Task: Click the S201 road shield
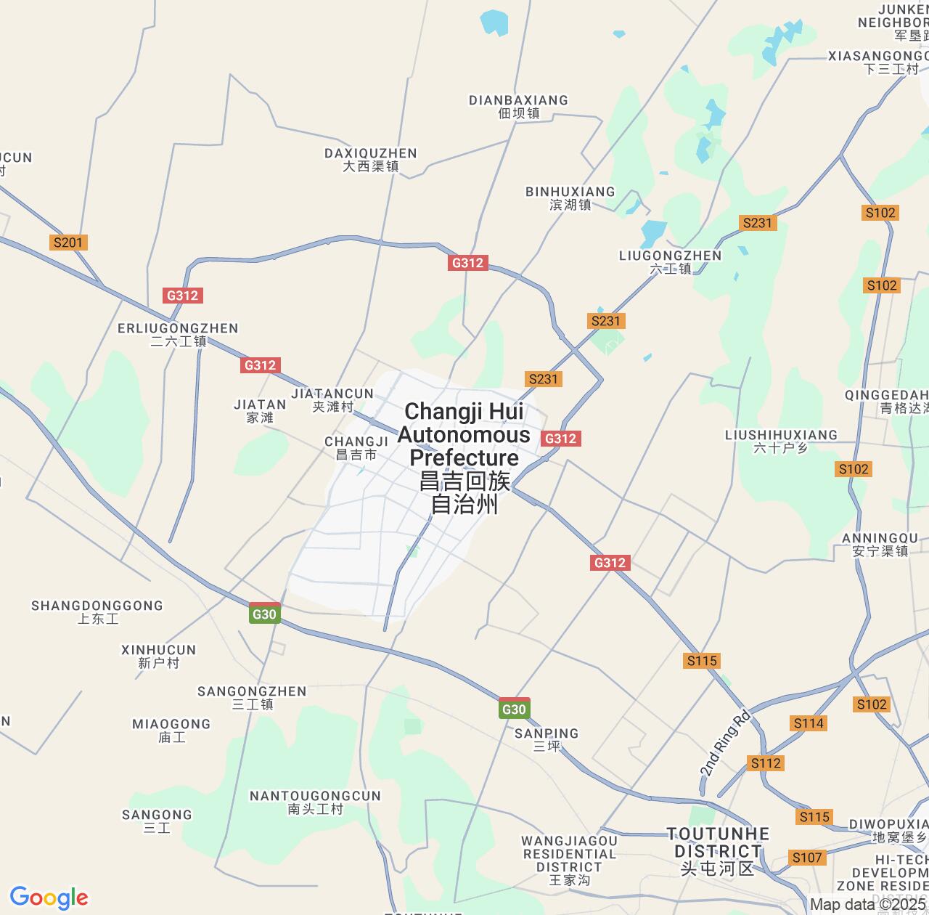[x=68, y=243]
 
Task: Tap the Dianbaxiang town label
[x=518, y=106]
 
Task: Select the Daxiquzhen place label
[x=371, y=159]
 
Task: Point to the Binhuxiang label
[x=570, y=198]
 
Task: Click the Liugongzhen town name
[x=671, y=261]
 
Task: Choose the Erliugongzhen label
[x=178, y=334]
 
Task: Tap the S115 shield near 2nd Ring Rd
[x=702, y=660]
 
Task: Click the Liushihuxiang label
[x=781, y=441]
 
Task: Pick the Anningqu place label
[x=880, y=544]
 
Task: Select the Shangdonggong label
[x=97, y=611]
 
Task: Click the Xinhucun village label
[x=158, y=656]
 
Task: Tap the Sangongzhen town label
[x=252, y=697]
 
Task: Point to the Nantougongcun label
[x=315, y=802]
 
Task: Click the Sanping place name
[x=547, y=739]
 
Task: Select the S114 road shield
[x=809, y=723]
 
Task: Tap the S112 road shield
[x=766, y=762]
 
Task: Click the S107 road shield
[x=807, y=858]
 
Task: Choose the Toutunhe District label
[x=718, y=850]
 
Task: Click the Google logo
[x=49, y=898]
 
